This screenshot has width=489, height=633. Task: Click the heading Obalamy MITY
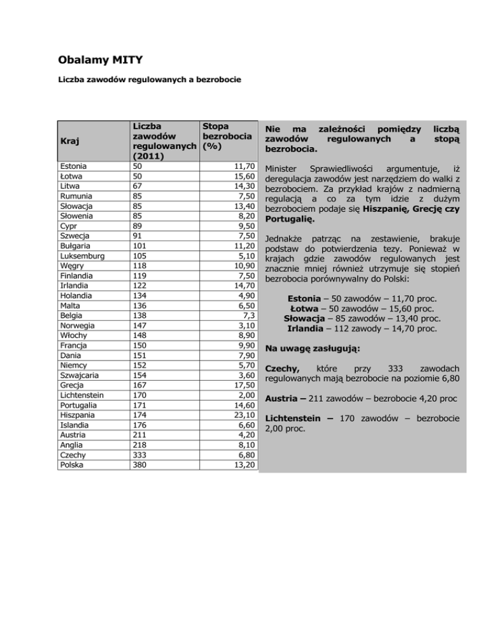98,61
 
